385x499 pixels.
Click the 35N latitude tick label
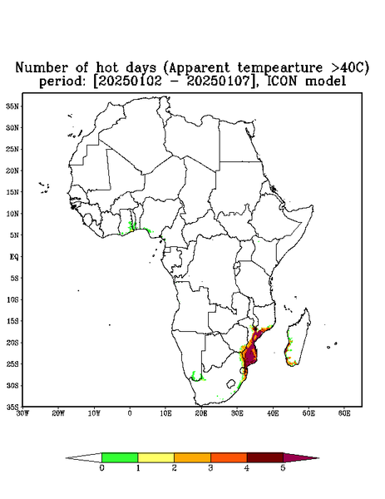12,106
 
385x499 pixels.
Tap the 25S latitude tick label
12,364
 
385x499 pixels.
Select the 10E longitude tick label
165,413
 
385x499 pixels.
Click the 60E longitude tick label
344,413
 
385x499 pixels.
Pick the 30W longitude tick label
22,413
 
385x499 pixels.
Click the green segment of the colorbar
120,457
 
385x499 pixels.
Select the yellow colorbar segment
155,457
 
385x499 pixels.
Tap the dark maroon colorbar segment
265,457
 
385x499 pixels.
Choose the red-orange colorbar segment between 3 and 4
229,457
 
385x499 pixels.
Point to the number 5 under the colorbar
283,468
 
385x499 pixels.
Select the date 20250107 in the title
218,82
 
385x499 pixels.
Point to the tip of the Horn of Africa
313,206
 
